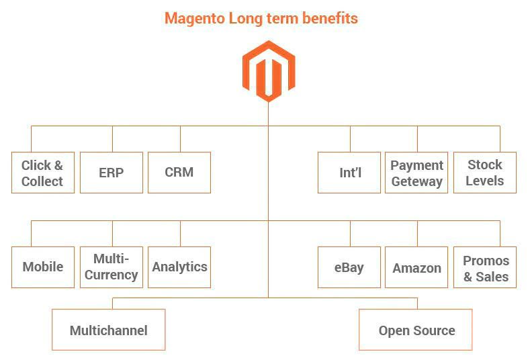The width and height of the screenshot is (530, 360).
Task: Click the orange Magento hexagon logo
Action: click(269, 71)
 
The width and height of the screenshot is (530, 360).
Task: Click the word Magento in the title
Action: click(195, 18)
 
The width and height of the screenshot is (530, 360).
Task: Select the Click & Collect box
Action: click(43, 173)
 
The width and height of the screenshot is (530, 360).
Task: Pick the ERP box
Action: click(112, 173)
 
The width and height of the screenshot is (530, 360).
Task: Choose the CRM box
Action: click(179, 173)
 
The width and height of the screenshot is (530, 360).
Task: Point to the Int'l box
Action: click(349, 173)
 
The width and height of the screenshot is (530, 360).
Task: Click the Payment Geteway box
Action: click(416, 173)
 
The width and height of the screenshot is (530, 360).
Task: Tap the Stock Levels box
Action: click(485, 173)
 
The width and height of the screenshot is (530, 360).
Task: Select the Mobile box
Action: click(43, 267)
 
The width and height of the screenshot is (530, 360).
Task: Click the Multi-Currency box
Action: click(112, 267)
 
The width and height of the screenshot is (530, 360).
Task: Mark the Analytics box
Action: click(179, 267)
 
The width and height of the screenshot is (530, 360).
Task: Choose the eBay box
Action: click(349, 267)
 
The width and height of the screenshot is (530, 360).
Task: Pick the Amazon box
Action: click(416, 267)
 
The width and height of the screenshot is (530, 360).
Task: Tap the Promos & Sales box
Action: click(485, 267)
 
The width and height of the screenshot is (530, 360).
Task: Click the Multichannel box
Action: click(109, 330)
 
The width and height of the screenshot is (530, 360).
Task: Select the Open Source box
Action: click(415, 330)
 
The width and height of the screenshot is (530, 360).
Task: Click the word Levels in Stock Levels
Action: click(485, 181)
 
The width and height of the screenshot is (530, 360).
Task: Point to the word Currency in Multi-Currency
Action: click(112, 275)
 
